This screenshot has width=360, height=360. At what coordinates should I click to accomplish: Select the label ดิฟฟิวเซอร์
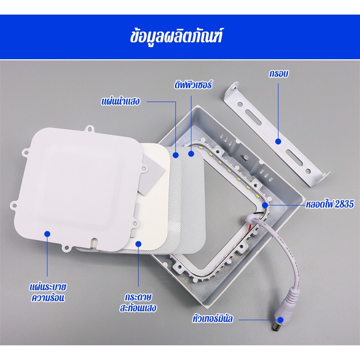click(193, 85)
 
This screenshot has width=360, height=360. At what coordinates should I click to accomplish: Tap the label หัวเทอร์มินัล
click(212, 319)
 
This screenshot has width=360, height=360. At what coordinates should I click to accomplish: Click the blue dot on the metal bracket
click(278, 142)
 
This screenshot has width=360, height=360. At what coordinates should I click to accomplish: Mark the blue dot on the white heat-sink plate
click(47, 233)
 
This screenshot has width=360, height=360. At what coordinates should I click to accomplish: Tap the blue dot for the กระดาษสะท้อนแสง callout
click(139, 244)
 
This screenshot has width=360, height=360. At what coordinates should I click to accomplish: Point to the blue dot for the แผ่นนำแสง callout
click(175, 155)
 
